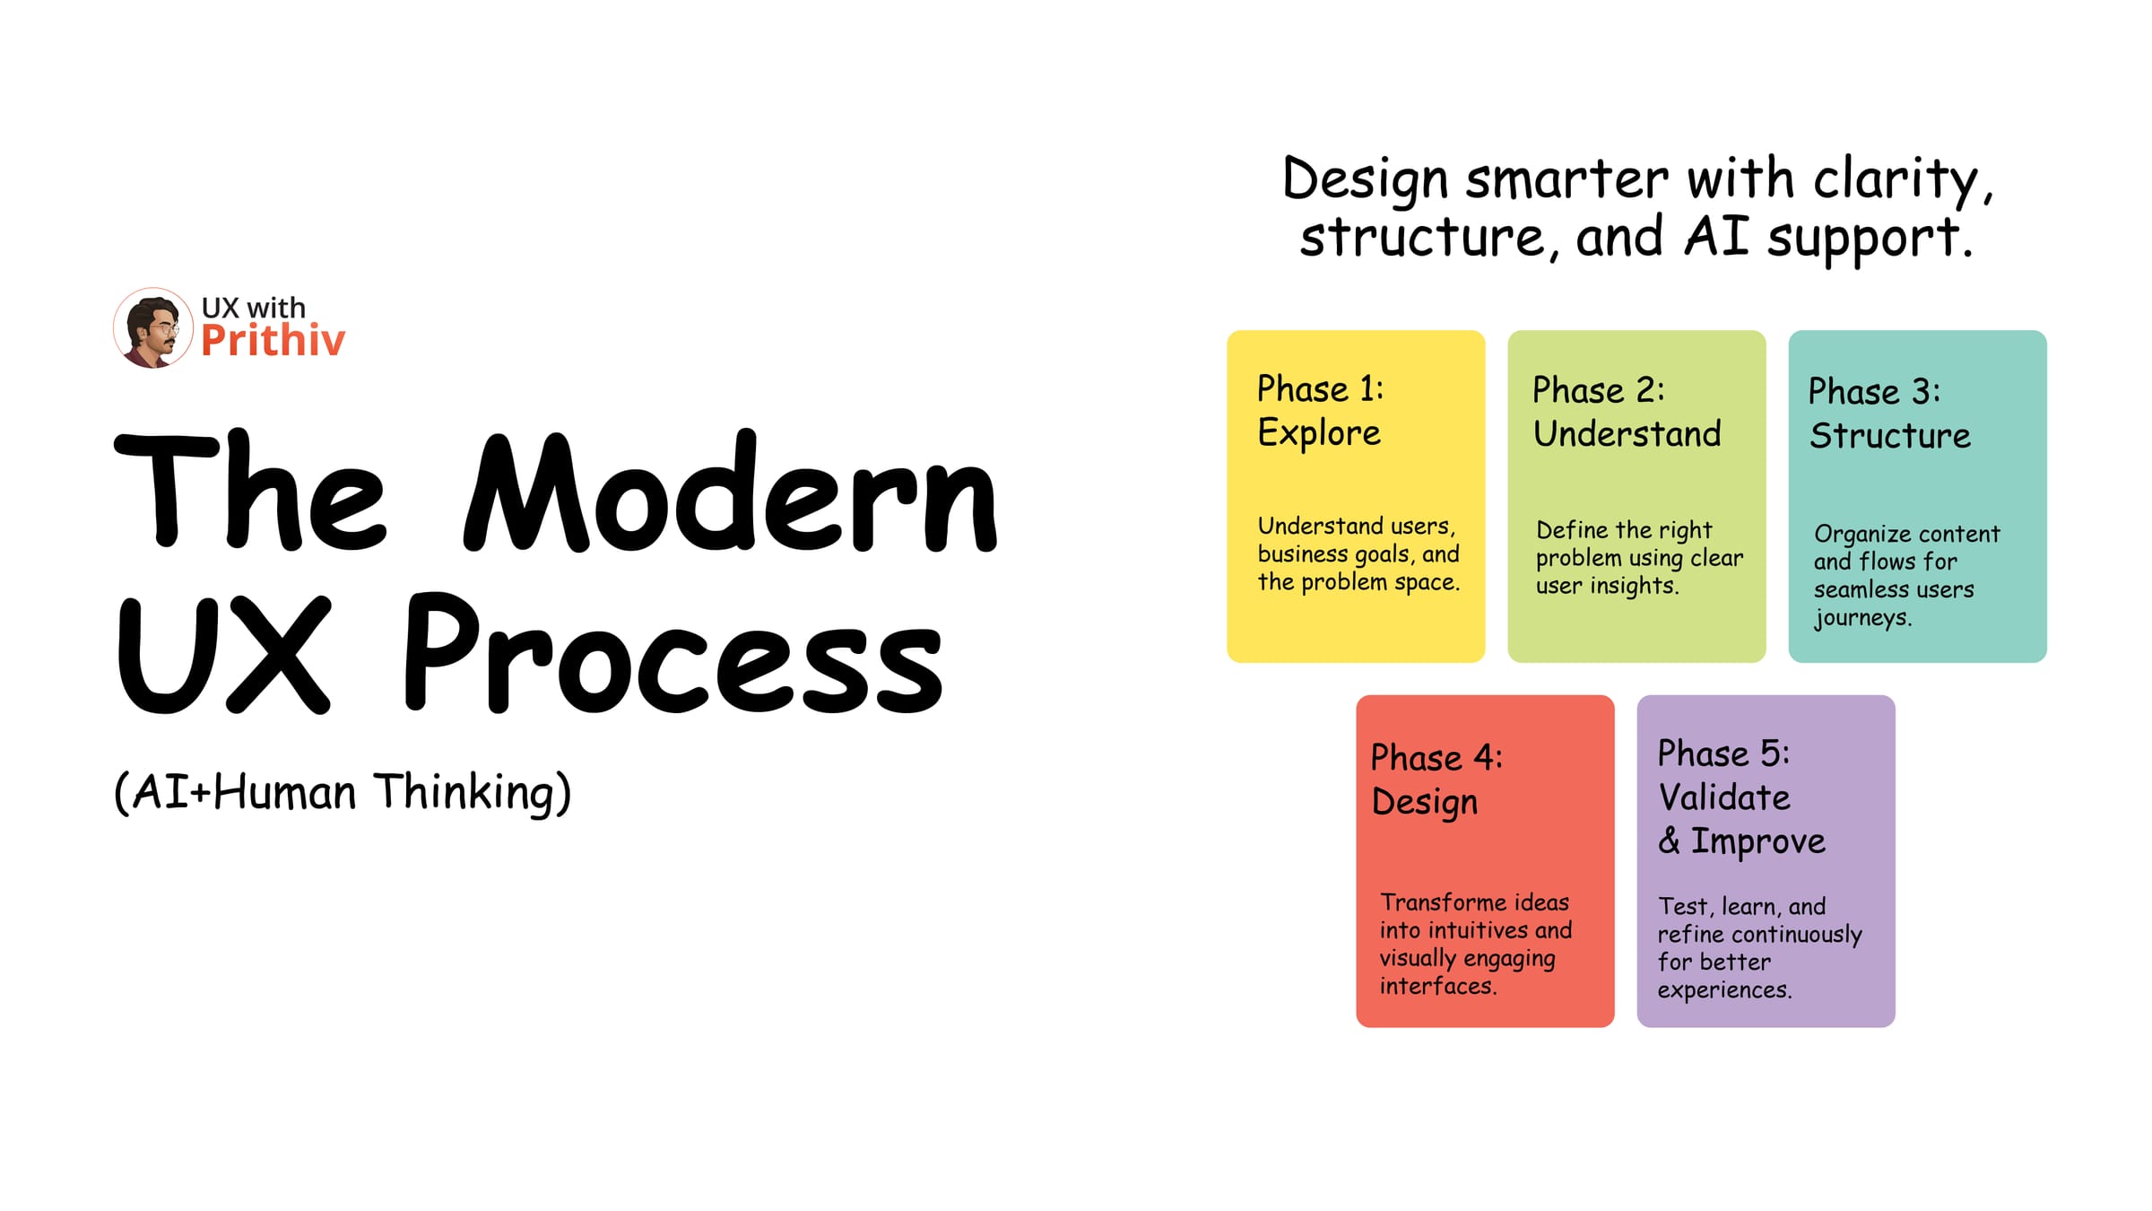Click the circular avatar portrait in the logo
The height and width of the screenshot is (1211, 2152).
(x=152, y=327)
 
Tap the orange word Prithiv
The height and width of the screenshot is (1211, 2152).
(x=273, y=341)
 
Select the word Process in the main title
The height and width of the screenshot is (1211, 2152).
(x=672, y=655)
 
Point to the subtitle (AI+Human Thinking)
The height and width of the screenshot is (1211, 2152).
(x=343, y=792)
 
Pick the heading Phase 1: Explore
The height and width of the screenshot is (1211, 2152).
(x=1320, y=411)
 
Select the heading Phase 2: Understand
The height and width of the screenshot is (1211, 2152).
(x=1627, y=413)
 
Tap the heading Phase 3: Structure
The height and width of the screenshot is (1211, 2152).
(x=1889, y=414)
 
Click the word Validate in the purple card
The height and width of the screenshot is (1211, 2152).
(x=1723, y=797)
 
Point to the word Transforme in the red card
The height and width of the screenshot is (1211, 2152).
(x=1429, y=902)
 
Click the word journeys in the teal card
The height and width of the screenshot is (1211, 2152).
(x=1862, y=618)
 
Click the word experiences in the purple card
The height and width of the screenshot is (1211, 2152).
(x=1723, y=990)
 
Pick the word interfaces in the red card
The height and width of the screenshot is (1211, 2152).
(x=1437, y=987)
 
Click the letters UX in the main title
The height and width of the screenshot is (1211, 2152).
(x=224, y=655)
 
